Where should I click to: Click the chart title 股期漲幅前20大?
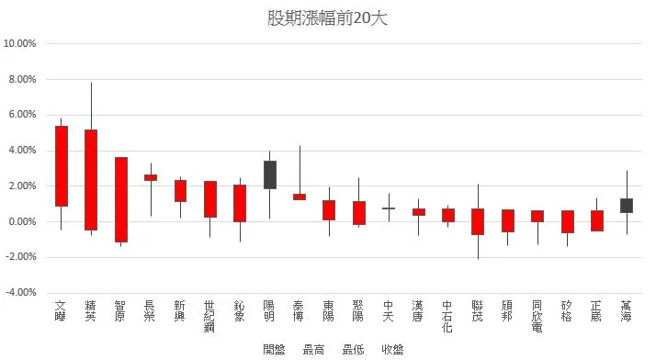tap(327, 18)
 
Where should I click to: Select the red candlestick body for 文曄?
tap(61, 165)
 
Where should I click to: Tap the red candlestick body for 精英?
tap(91, 179)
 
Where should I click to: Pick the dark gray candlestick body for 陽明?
tap(270, 174)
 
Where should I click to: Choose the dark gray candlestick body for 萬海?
tap(627, 205)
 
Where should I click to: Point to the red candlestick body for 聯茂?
tap(478, 221)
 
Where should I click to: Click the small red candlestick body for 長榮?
tap(151, 177)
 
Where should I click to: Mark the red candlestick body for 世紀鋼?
tap(210, 198)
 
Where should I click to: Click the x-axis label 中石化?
tap(448, 315)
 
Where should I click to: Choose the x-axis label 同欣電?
tap(537, 315)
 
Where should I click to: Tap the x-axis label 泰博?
tap(300, 310)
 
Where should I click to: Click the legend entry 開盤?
tap(274, 350)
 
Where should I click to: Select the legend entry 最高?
tap(313, 350)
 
